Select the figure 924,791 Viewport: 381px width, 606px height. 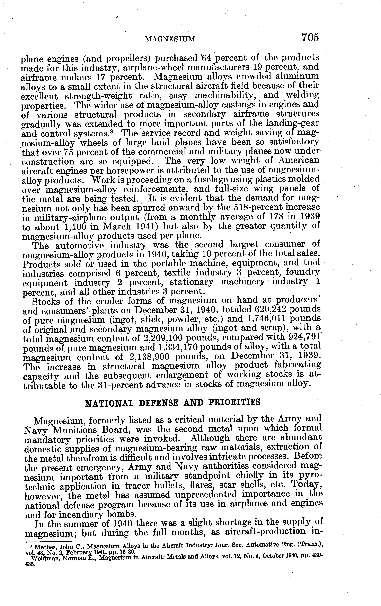coord(304,337)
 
